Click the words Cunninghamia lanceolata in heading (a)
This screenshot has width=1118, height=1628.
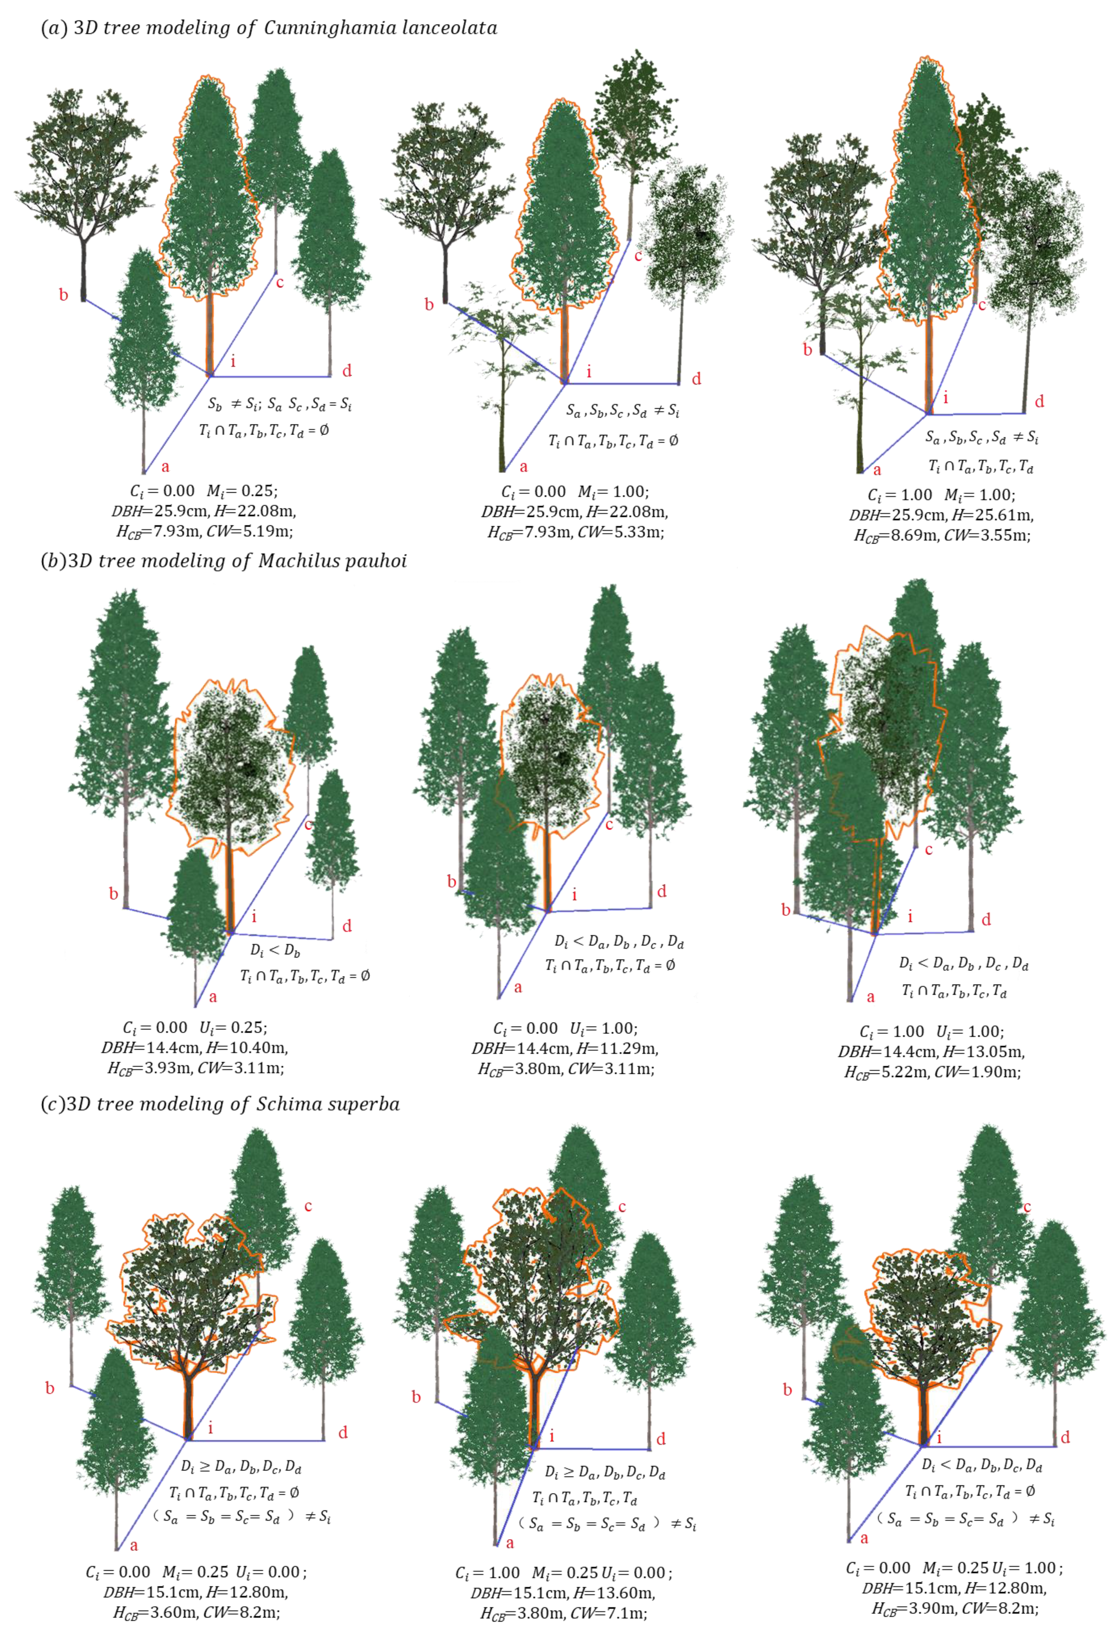(380, 28)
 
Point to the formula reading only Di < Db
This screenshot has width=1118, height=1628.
(275, 950)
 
